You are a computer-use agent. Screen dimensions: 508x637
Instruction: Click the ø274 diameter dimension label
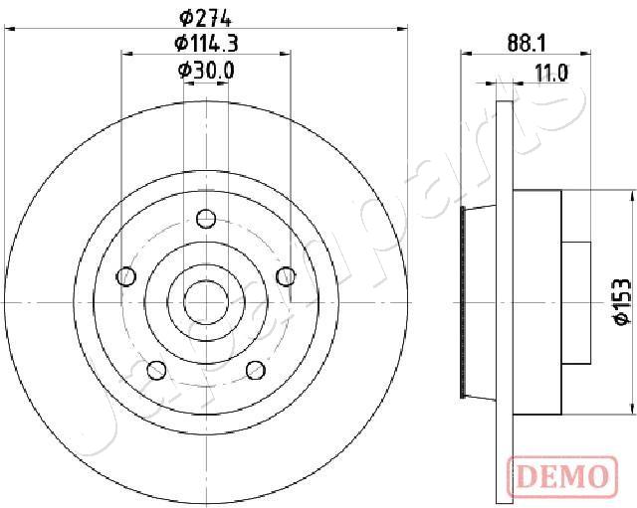pyautogui.click(x=205, y=15)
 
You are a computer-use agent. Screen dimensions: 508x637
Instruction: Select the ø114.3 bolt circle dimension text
pyautogui.click(x=205, y=42)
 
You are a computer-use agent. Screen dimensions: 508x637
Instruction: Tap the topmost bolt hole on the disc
pyautogui.click(x=206, y=219)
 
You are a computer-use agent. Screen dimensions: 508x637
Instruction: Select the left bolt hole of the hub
pyautogui.click(x=125, y=276)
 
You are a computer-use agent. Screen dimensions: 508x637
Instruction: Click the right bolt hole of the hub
pyautogui.click(x=286, y=276)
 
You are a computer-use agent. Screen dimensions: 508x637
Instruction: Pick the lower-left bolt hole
pyautogui.click(x=156, y=370)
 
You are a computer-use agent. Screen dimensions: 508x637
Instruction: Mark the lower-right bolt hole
pyautogui.click(x=255, y=370)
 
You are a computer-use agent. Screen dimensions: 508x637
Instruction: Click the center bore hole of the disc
pyautogui.click(x=205, y=299)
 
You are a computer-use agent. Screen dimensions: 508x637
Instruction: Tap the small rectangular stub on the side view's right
pyautogui.click(x=575, y=299)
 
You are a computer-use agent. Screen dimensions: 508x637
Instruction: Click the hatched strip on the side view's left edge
pyautogui.click(x=464, y=299)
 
